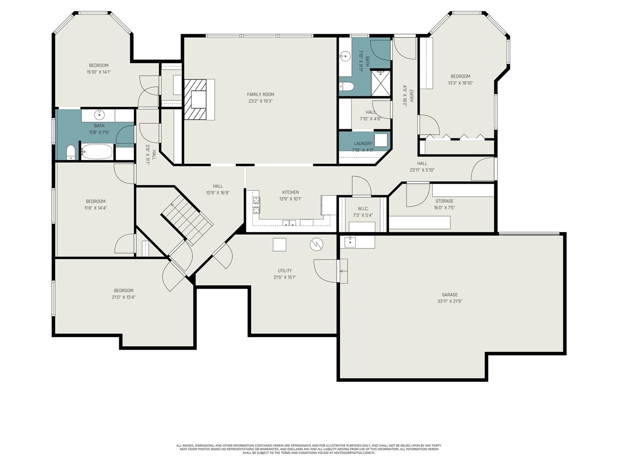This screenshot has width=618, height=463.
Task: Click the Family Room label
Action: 261,95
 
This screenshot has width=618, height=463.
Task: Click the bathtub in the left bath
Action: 97,152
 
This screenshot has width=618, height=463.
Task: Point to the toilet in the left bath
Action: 71,152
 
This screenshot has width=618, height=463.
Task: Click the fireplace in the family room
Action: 198,99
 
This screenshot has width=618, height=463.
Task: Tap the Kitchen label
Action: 291,192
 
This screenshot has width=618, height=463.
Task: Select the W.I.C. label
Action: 363,209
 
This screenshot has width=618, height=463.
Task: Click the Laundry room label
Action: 363,143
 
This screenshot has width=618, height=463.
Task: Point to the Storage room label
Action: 444,201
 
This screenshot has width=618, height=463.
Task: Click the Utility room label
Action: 285,271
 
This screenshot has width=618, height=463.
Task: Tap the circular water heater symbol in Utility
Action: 316,245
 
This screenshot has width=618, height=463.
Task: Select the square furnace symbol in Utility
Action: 280,245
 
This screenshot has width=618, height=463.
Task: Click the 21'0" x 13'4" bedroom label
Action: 124,290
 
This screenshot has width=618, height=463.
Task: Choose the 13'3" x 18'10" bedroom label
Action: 460,76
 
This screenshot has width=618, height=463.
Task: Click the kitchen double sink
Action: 290,223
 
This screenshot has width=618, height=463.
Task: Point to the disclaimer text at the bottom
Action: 309,449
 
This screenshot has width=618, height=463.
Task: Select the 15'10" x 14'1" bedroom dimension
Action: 99,72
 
